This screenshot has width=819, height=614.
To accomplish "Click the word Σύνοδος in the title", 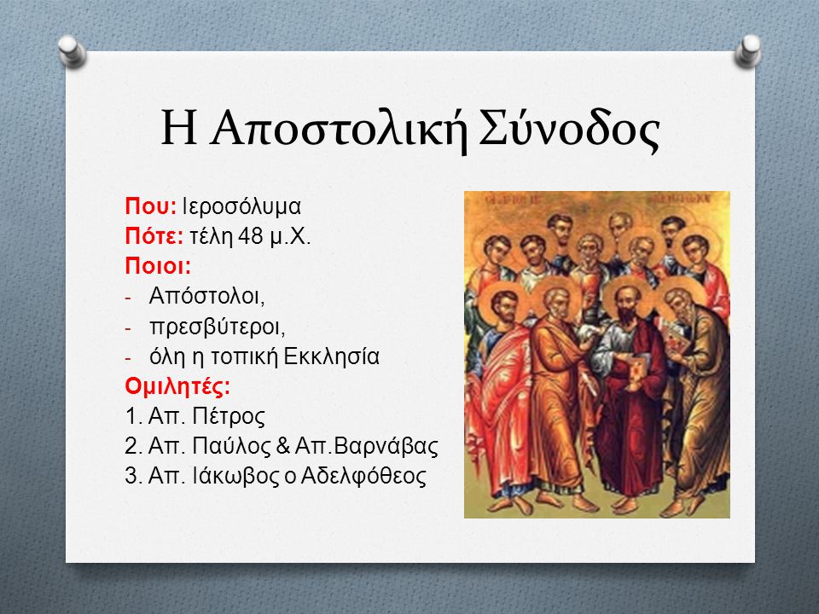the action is point(569,129).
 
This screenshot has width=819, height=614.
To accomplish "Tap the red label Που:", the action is point(151,206).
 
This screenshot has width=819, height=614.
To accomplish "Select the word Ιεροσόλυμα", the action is point(241,206).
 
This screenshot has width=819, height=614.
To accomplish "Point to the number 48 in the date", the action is point(251,236).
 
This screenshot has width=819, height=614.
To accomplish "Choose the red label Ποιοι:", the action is point(158,266).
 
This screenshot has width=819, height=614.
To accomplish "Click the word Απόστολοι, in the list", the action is point(206,296).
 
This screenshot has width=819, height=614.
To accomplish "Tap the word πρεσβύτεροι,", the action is point(218,327).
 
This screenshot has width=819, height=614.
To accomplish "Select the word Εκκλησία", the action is point(331,356).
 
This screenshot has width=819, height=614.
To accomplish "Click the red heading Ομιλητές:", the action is point(177,386).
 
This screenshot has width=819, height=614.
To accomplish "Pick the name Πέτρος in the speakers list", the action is point(229,417).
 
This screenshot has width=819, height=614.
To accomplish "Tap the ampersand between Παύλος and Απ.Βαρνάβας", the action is point(282,446).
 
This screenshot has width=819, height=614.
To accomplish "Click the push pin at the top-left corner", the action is point(72,52).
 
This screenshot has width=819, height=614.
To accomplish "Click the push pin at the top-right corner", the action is point(748,52).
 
